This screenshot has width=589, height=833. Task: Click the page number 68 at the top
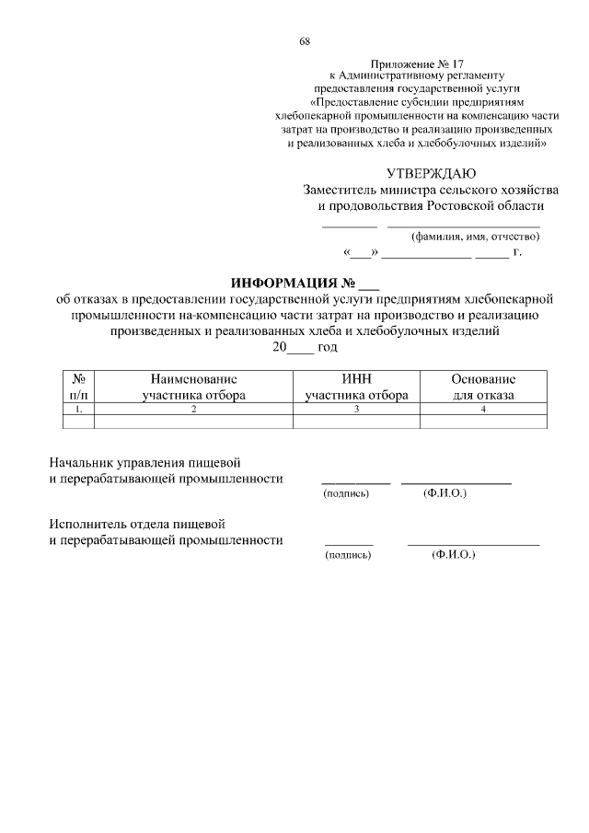coord(305,41)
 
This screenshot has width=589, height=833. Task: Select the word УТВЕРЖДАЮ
coord(431,173)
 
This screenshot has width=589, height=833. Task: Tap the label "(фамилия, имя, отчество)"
coord(475,236)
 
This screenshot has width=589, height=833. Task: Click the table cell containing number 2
coord(193,409)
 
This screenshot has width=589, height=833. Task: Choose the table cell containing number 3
coord(356,409)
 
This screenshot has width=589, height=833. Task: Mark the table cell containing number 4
coord(483,409)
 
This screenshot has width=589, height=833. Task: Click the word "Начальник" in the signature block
coord(81,462)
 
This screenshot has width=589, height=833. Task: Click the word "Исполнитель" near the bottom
coord(87,524)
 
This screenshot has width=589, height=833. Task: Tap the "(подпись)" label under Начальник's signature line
coord(346,494)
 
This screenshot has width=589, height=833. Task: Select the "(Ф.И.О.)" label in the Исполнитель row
coord(452,556)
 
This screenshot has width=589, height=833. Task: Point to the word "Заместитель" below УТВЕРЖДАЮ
coord(340,190)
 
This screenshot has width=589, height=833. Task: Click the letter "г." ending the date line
coord(517,251)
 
